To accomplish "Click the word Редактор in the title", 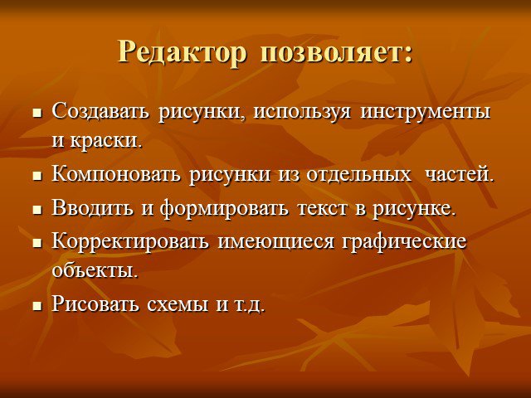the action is tap(182, 53).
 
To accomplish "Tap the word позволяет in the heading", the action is tap(332, 53).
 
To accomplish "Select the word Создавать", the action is tap(100, 112).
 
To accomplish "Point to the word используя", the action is tap(302, 113).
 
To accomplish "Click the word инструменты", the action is tap(426, 113).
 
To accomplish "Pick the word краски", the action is tap(103, 140).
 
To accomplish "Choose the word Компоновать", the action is tap(116, 175).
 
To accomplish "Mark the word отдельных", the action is tap(358, 175).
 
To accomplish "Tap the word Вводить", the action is tap(92, 208).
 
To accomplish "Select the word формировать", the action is tap(224, 208).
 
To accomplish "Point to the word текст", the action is tap(323, 208).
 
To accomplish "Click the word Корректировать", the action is tap(130, 242).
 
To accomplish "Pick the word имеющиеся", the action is tap(275, 242).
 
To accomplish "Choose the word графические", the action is tap(404, 242).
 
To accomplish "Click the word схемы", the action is tap(178, 304).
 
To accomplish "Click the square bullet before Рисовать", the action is tap(37, 306).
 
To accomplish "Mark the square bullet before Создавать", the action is tap(37, 114).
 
